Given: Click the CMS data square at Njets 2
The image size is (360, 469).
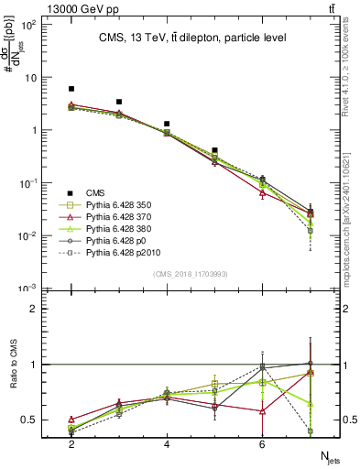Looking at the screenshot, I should click(x=71, y=89).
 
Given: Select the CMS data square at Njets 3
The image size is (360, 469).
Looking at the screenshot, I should click(x=119, y=102).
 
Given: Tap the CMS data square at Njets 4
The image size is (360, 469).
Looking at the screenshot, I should click(x=167, y=124).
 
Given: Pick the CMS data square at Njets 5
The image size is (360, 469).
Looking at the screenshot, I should click(x=214, y=150).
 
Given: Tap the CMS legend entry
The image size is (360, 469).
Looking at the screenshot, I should click(x=95, y=192).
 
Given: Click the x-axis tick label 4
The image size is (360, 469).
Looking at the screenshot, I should click(x=167, y=443).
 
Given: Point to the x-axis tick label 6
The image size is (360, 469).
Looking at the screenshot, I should click(x=262, y=443).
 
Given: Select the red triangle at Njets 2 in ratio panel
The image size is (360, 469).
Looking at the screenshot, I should click(x=71, y=419).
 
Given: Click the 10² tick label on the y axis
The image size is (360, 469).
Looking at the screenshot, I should click(x=29, y=24).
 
